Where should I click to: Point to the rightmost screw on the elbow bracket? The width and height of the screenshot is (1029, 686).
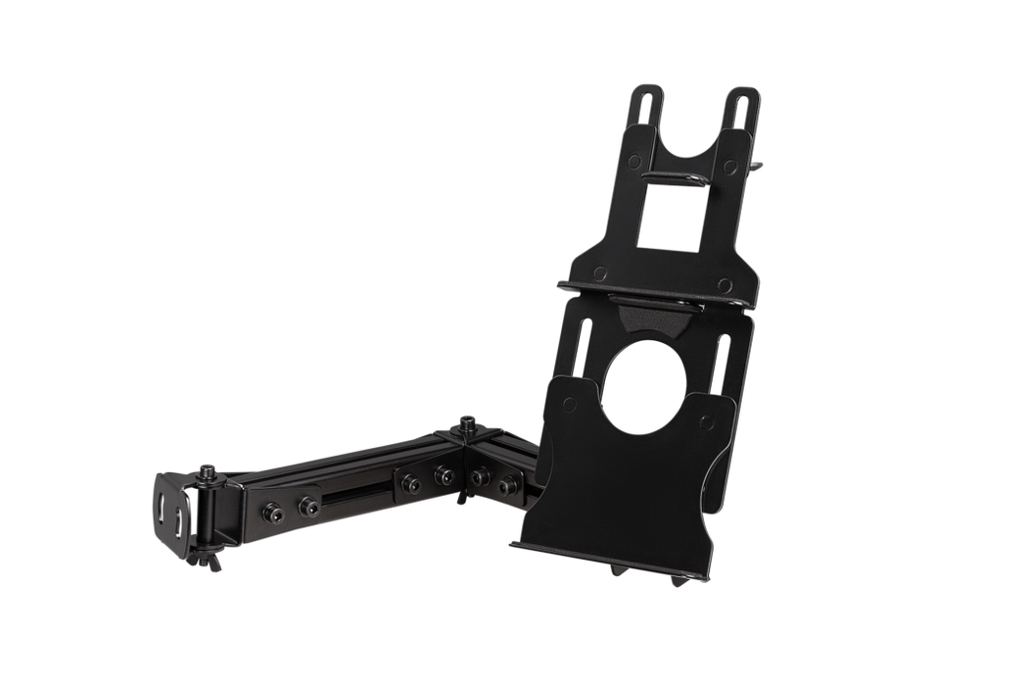pos(508,483)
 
